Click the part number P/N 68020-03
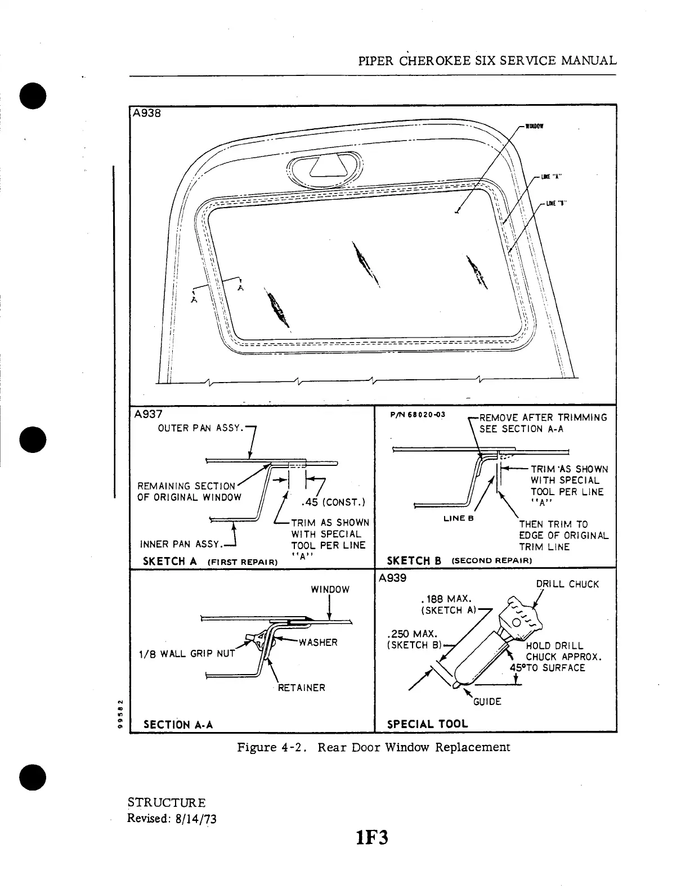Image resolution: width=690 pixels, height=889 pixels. click(x=417, y=415)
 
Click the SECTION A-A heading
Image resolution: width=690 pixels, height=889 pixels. click(x=178, y=725)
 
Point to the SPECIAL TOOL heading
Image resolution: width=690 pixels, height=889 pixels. click(x=428, y=724)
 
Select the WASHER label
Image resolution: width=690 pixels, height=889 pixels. click(x=318, y=643)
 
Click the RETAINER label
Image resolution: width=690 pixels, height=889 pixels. click(x=302, y=688)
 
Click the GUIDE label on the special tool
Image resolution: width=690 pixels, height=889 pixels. click(x=487, y=702)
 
